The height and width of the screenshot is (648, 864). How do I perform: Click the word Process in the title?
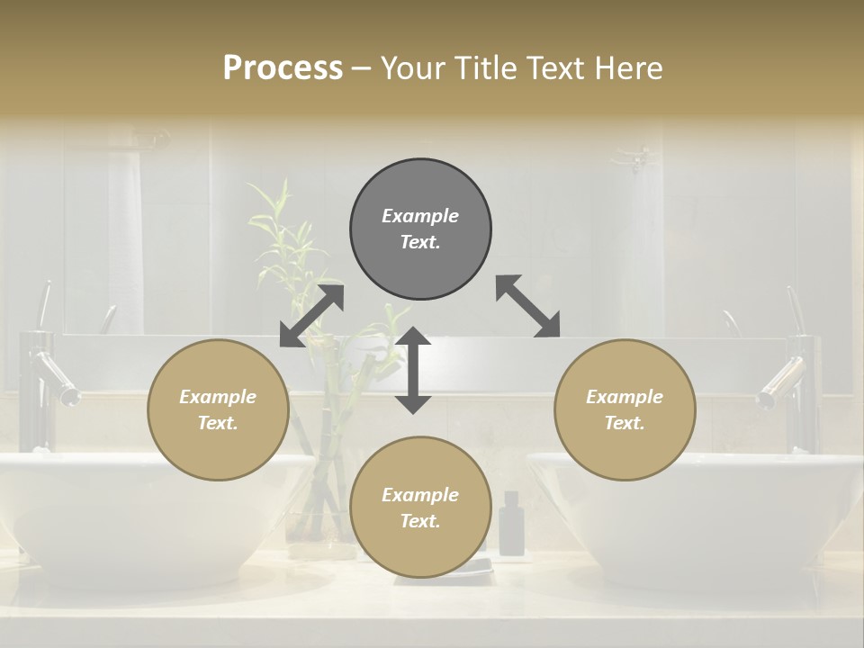[283, 68]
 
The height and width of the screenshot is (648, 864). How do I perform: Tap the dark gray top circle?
[420, 229]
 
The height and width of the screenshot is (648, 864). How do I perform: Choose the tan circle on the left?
[218, 409]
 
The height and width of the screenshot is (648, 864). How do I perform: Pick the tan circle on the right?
[625, 409]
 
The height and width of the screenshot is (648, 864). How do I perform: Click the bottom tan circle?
[420, 507]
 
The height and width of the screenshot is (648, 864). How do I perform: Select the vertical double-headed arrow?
[413, 370]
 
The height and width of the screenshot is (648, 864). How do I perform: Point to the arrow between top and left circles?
[311, 315]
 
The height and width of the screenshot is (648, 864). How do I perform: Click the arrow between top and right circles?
[527, 307]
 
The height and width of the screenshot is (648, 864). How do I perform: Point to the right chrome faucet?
[792, 378]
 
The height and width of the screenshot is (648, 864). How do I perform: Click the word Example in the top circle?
[420, 216]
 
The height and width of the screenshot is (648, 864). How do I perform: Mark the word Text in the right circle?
[625, 423]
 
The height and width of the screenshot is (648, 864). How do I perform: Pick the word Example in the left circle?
[218, 397]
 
